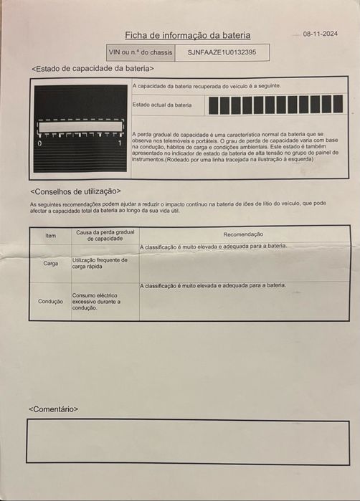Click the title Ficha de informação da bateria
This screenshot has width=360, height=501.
188,35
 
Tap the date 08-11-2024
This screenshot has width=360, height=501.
320,34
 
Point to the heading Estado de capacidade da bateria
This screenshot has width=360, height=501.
93,69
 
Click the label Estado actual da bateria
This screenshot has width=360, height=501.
163,105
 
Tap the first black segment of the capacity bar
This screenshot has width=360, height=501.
213,105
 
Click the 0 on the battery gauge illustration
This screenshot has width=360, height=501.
39,144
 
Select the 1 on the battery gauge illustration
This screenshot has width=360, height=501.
120,144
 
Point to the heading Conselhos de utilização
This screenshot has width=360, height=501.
75,191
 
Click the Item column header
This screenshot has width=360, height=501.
50,235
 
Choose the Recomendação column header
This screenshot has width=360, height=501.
243,234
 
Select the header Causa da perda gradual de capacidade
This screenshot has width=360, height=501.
105,235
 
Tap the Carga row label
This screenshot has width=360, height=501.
50,263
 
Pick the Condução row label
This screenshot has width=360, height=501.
50,302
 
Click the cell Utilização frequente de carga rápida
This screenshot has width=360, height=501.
100,262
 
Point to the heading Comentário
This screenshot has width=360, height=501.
54,409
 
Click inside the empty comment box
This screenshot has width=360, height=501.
189,442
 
